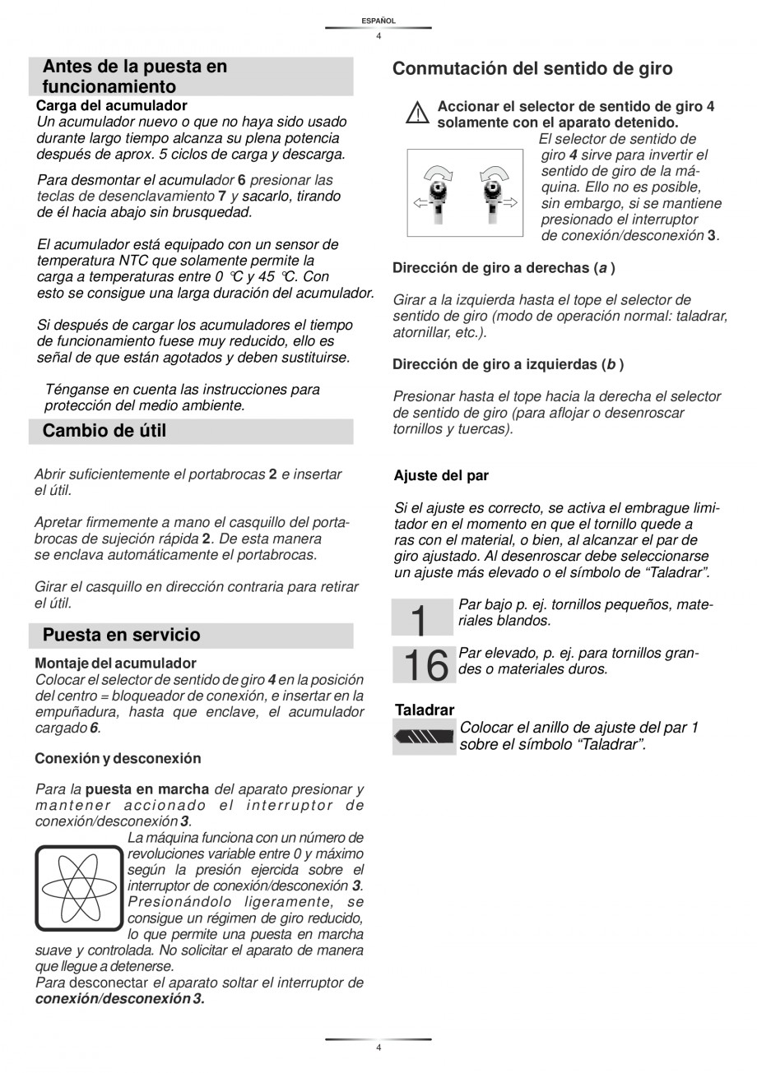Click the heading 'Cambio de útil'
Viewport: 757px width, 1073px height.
click(x=104, y=431)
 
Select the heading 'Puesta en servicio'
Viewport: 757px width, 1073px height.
click(x=121, y=635)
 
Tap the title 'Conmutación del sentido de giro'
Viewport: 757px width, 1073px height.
click(x=532, y=69)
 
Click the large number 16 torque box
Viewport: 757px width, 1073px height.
click(x=423, y=665)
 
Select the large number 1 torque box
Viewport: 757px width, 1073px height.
click(x=423, y=617)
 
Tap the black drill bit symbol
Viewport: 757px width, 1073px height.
click(x=424, y=738)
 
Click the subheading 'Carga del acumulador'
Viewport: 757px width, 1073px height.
click(x=111, y=105)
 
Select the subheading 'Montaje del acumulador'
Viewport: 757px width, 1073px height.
click(x=115, y=663)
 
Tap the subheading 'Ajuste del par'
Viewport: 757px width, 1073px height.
click(x=441, y=475)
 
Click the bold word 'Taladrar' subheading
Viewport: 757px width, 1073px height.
click(x=425, y=710)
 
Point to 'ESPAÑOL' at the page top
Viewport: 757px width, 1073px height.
click(x=378, y=21)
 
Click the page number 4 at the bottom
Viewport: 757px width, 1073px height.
click(x=378, y=1048)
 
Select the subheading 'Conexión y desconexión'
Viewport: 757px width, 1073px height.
click(x=118, y=758)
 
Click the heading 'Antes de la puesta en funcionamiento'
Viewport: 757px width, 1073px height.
click(x=134, y=76)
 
